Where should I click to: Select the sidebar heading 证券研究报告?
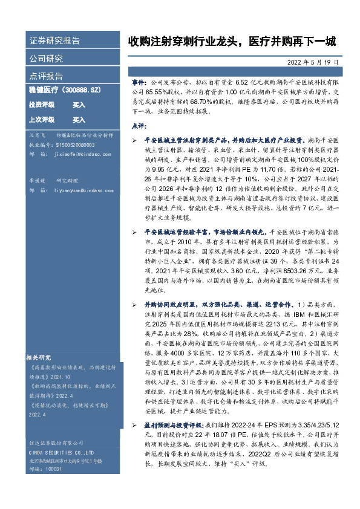[x=54, y=41]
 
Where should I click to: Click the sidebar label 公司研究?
[x=46, y=59]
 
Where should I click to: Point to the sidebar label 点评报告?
[x=46, y=76]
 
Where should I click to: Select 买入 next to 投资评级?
[x=79, y=105]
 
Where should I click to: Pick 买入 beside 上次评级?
[x=79, y=120]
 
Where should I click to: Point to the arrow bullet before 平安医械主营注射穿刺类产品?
[x=134, y=139]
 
